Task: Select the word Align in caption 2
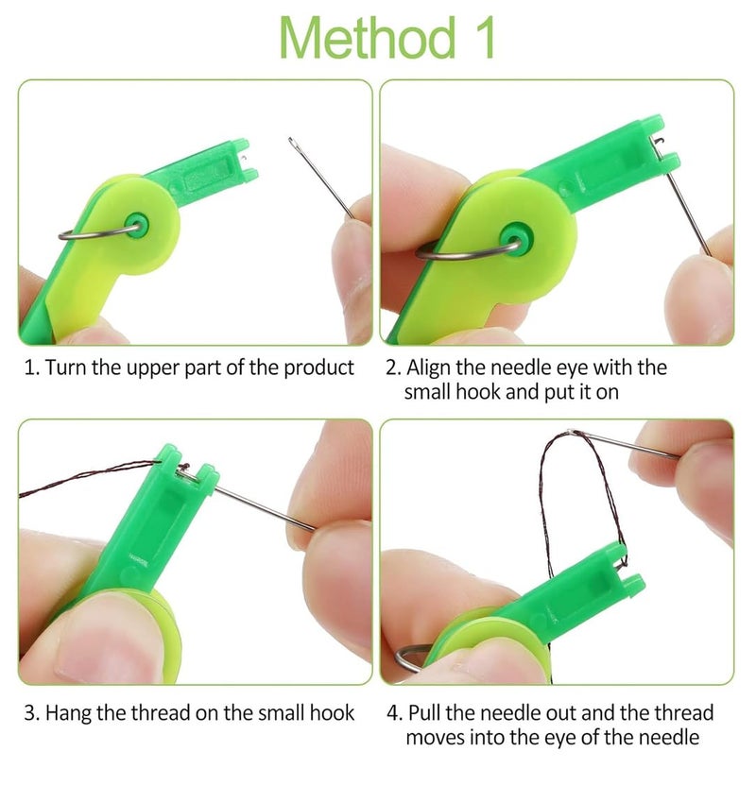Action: pos(428,367)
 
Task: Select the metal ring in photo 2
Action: pos(444,250)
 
